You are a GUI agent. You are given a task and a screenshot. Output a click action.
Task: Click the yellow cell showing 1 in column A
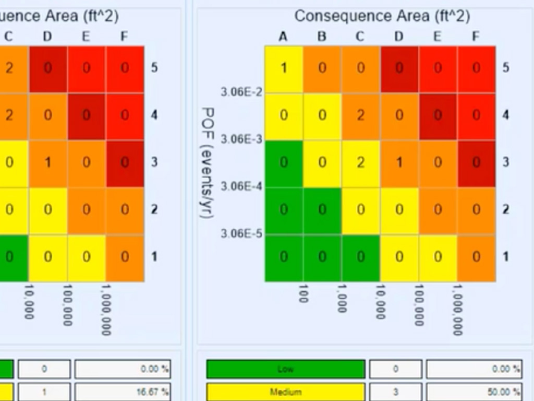(284, 68)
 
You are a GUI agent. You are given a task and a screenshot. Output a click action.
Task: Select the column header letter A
(283, 37)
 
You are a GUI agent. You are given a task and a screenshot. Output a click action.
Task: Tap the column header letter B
(322, 37)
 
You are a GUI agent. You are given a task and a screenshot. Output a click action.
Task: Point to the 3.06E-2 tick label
(241, 92)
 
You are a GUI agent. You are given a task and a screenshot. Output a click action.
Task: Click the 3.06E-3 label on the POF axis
(241, 139)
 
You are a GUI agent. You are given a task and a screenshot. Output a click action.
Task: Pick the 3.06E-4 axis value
(241, 186)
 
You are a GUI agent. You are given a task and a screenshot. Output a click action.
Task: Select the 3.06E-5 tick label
(241, 233)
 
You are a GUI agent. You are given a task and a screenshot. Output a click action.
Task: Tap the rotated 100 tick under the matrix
(303, 293)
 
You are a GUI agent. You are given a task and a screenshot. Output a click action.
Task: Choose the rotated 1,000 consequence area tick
(342, 298)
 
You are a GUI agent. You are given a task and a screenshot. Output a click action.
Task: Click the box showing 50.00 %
(474, 392)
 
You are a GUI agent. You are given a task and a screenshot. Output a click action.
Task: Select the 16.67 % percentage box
(122, 392)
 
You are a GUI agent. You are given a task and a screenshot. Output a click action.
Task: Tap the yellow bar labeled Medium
(285, 392)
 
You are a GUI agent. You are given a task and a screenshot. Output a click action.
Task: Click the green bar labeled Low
(285, 369)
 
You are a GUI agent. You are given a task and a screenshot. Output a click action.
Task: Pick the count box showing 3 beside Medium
(395, 392)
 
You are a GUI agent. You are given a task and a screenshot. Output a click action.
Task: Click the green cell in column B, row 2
(322, 210)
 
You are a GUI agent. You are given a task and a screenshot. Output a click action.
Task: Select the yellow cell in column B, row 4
(322, 115)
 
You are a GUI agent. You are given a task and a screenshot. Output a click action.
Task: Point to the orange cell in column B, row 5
(322, 68)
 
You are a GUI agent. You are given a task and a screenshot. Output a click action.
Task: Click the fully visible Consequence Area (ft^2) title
(382, 16)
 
